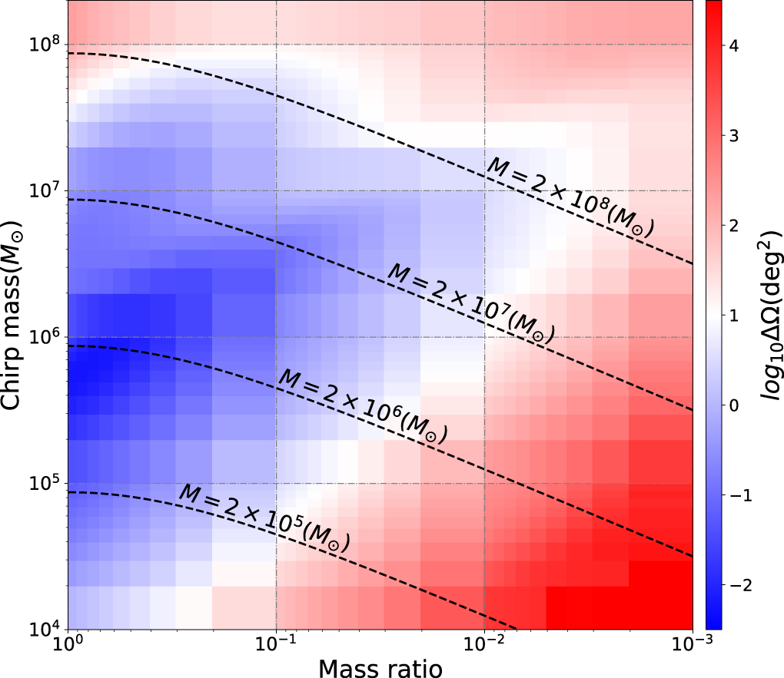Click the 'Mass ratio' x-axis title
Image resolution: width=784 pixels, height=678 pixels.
[x=380, y=668]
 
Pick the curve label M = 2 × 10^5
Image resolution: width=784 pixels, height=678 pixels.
[x=264, y=518]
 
